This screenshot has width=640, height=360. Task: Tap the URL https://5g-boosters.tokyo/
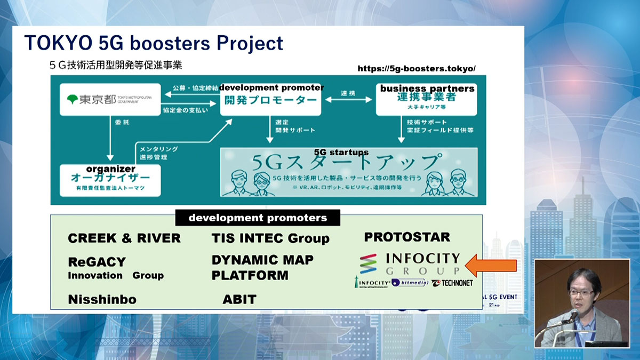coord(416,69)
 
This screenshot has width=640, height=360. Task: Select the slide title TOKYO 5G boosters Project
coord(154,43)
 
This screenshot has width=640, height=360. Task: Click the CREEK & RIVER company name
coord(124,238)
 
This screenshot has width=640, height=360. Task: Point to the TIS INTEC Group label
coord(270,238)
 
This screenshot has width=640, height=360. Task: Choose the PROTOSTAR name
coord(407,237)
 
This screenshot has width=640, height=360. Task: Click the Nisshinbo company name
coord(102,300)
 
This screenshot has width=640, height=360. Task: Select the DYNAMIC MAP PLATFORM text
coord(262,268)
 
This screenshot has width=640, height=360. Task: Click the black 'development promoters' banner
coord(258,218)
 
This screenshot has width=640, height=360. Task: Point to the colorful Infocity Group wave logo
coord(368,264)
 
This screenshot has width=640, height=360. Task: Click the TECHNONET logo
coord(452,283)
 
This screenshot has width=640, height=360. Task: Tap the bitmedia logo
coord(410,283)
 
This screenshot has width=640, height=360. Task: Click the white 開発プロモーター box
coord(271,99)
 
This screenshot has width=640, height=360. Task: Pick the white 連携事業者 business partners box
coord(427,99)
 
